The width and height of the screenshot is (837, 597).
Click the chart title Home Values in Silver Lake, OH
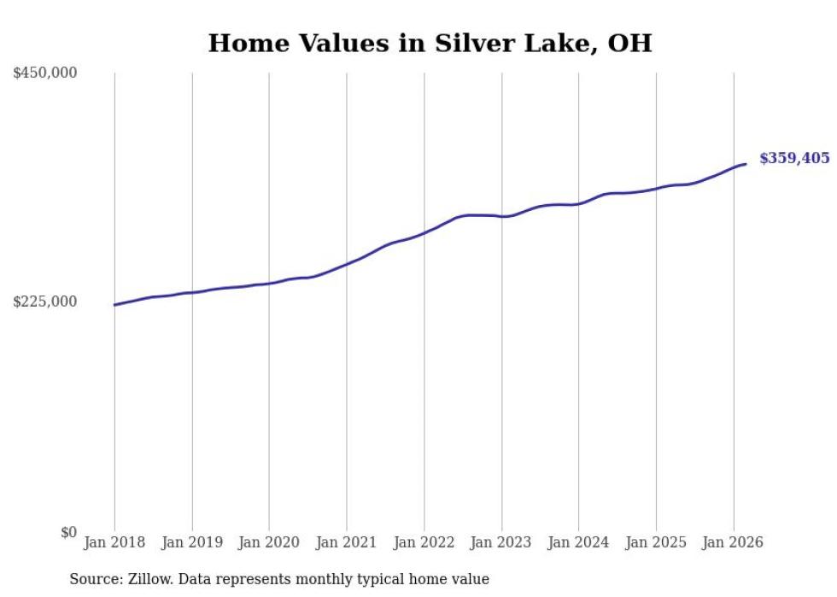tap(430, 44)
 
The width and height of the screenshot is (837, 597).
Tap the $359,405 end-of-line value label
tap(793, 158)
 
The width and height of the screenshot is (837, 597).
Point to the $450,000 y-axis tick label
tap(45, 73)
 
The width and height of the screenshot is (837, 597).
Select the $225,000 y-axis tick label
tap(45, 302)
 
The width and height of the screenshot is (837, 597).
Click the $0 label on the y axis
tap(68, 532)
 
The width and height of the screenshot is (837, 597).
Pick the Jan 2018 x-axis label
tap(114, 542)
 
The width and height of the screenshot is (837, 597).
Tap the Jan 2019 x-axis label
tap(192, 542)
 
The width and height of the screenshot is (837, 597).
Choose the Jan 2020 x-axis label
tap(269, 542)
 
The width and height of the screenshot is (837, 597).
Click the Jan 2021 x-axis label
tap(347, 542)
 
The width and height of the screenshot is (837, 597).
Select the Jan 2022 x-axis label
tap(424, 542)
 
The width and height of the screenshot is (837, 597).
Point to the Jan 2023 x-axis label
tap(501, 542)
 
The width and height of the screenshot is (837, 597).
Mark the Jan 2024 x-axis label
tap(578, 542)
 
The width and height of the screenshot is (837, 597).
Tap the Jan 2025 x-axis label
tap(656, 542)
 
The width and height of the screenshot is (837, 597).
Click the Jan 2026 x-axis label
tap(733, 542)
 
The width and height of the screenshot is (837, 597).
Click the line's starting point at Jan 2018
tap(114, 305)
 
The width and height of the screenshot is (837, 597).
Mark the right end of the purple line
tap(746, 164)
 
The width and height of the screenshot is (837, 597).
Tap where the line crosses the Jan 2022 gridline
tap(424, 232)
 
